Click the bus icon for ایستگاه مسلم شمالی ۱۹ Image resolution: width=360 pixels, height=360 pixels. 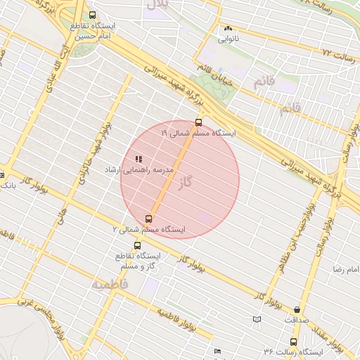(x=198, y=122)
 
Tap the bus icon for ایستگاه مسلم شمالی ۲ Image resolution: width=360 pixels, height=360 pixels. (x=148, y=219)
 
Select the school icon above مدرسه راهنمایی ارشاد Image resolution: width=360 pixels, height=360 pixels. (x=138, y=159)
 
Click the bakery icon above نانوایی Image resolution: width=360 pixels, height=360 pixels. (x=227, y=29)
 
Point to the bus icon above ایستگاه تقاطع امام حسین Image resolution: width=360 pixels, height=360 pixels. (x=93, y=15)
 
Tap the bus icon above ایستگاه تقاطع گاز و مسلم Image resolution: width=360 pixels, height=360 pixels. (x=136, y=246)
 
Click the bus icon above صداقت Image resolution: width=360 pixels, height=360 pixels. (x=297, y=309)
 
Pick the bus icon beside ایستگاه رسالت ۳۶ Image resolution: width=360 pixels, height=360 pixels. (x=293, y=342)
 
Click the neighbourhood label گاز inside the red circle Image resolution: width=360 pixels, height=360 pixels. (x=186, y=183)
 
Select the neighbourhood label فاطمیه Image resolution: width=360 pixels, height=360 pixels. (x=110, y=285)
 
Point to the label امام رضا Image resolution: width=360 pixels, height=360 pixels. (x=347, y=269)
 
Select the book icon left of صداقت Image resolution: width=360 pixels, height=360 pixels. (x=257, y=320)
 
